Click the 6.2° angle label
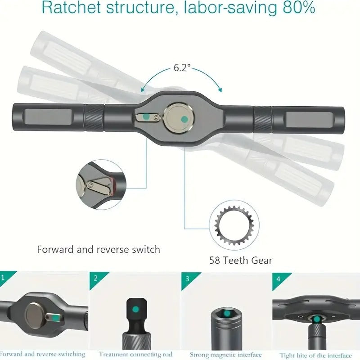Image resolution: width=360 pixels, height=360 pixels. (x=182, y=67)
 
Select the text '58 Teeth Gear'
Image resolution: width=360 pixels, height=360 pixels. (x=241, y=260)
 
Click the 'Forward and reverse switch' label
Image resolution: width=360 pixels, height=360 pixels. (x=99, y=249)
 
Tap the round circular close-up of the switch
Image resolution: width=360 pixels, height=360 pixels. (x=101, y=185)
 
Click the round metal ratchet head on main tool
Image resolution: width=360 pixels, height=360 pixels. (x=179, y=119)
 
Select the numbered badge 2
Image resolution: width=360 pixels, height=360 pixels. (x=95, y=278)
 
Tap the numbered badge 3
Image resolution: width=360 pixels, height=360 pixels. (x=187, y=278)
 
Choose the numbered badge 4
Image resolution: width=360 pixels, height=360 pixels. (x=278, y=278)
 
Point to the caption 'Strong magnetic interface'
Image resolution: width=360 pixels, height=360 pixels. (x=225, y=355)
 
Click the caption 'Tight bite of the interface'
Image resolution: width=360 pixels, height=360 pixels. (x=315, y=355)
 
